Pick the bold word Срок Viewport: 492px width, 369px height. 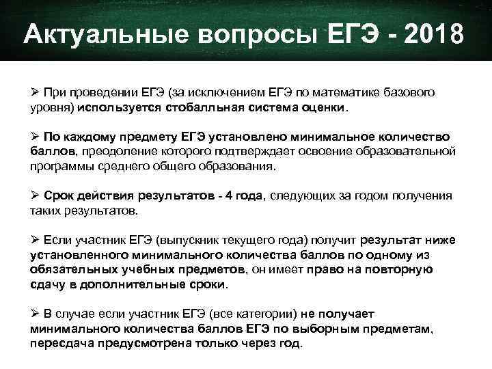click(59, 195)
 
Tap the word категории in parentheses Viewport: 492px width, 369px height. click(263, 314)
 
